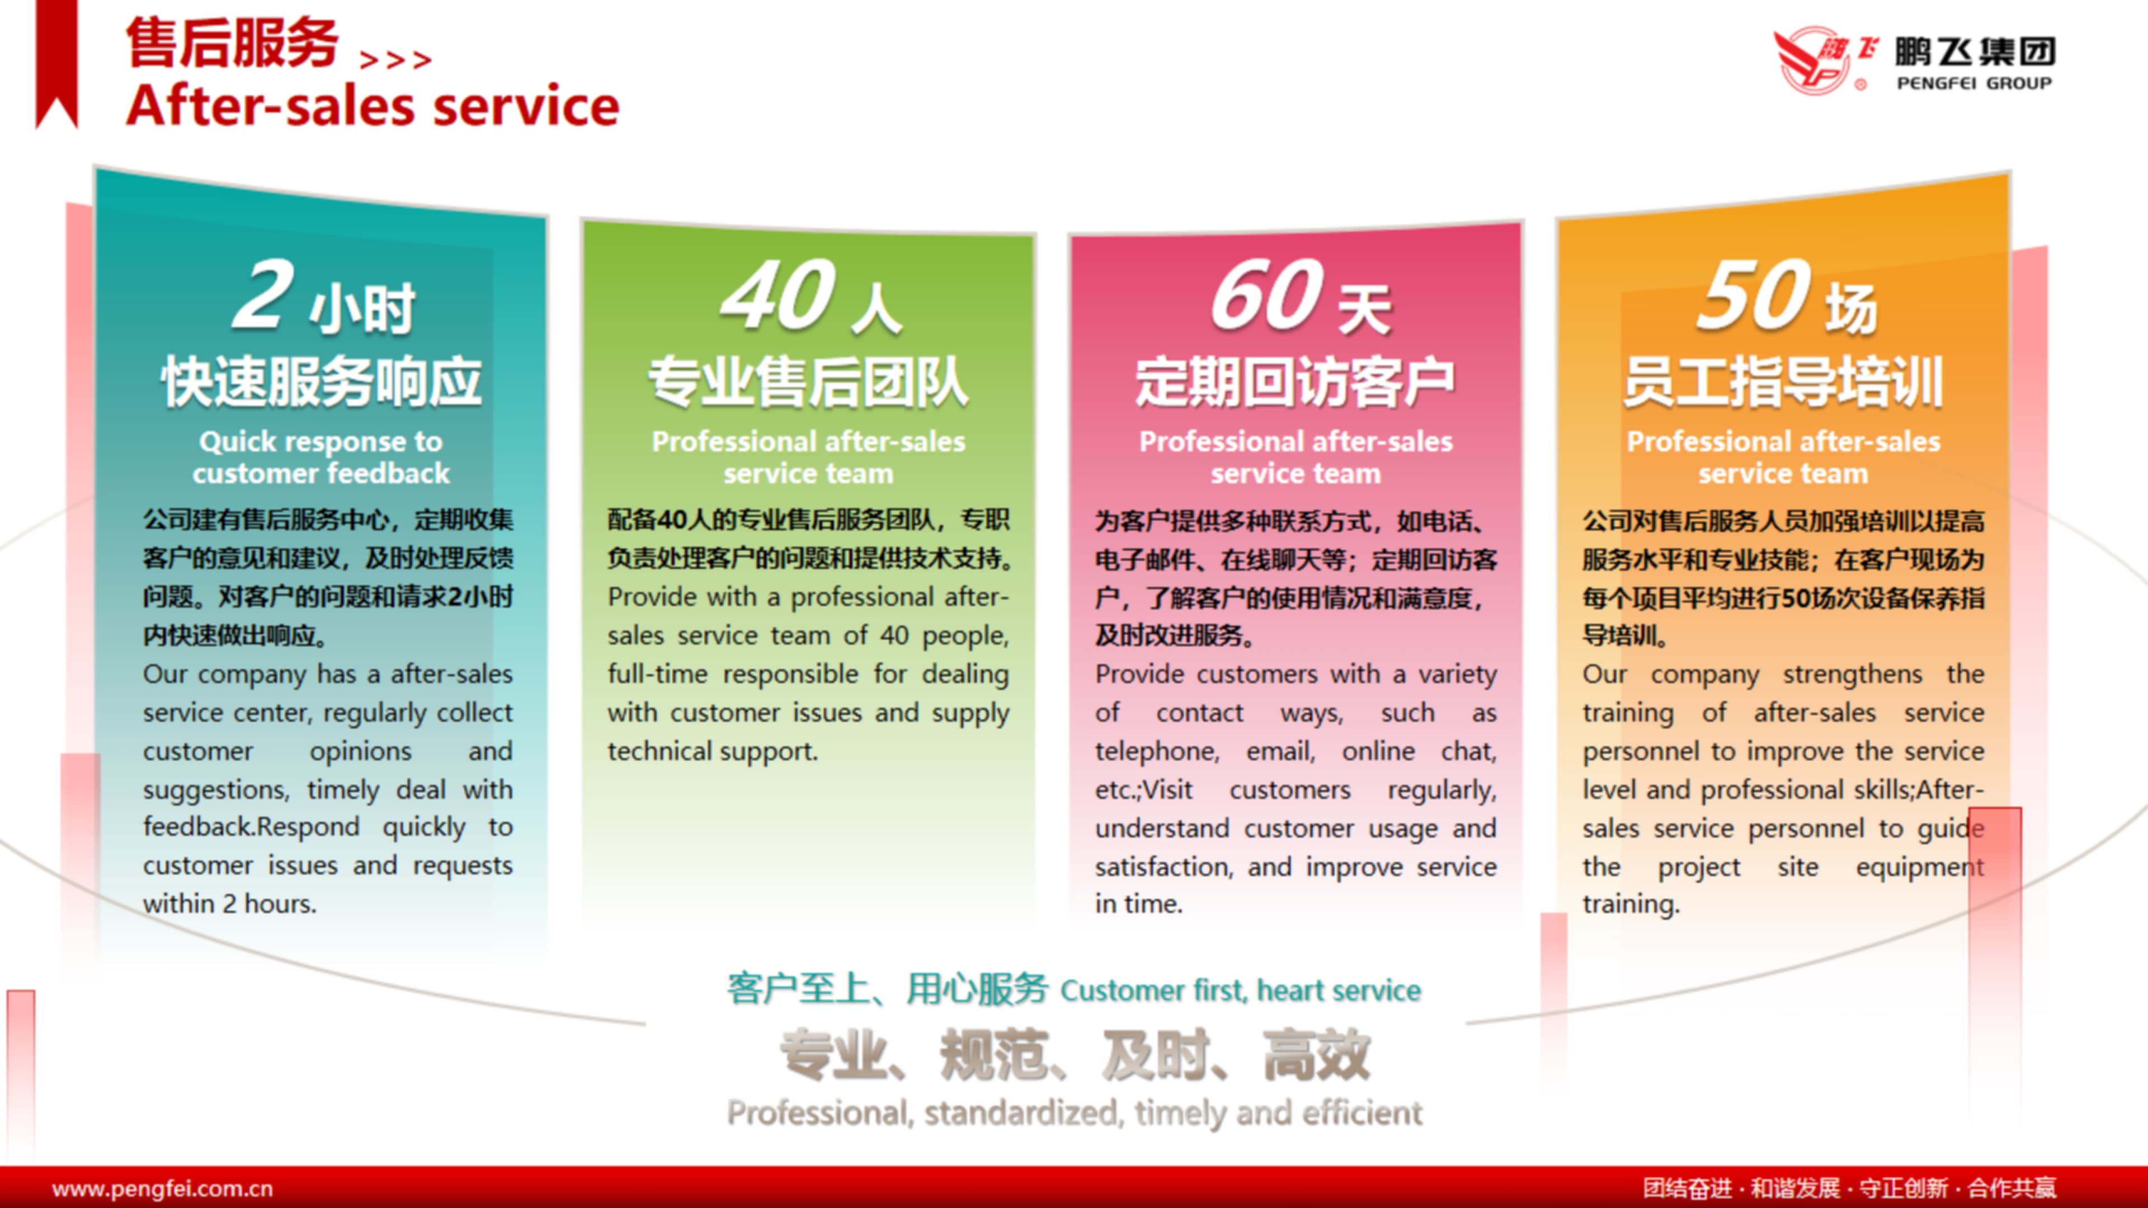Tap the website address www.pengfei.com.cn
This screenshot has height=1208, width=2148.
pos(163,1188)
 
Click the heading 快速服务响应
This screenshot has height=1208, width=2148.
pos(322,382)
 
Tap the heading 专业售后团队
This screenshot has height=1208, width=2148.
pos(808,382)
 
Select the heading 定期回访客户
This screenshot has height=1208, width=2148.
pos(1295,382)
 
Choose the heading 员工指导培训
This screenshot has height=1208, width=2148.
pos(1783,382)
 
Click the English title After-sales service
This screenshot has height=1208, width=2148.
pos(373,107)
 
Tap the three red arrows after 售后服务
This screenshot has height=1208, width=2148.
pos(395,59)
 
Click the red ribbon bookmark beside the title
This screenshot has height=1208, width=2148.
pos(56,64)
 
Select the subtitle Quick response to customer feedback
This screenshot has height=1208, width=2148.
pos(321,457)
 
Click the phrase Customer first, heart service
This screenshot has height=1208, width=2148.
pos(1241,990)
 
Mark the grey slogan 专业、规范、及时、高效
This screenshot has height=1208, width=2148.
pos(1075,1055)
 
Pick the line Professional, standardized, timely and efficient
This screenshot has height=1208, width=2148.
pos(1075,1113)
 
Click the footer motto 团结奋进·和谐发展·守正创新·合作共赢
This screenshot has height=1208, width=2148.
pos(1849,1188)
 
